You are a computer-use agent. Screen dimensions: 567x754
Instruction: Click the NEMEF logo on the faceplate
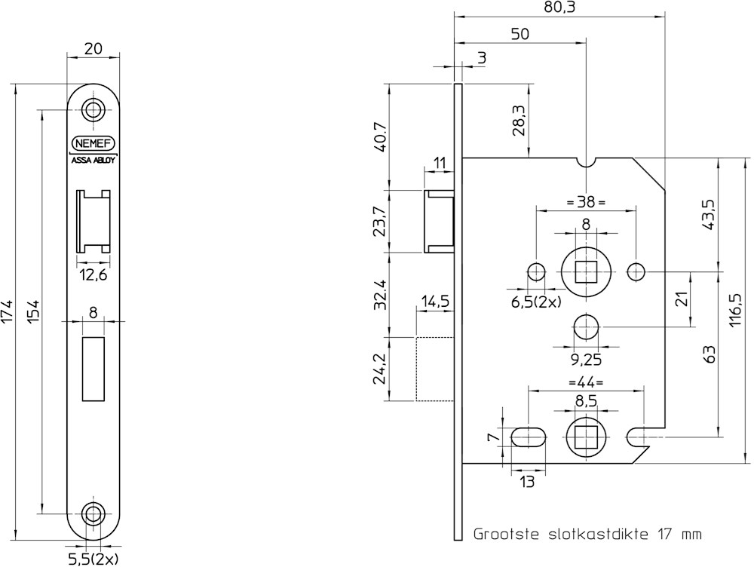(93, 143)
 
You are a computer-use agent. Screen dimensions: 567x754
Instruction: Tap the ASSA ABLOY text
(93, 159)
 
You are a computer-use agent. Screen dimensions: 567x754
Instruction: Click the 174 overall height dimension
(8, 311)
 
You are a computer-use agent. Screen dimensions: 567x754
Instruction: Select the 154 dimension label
(33, 311)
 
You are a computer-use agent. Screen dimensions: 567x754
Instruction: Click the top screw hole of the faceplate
(93, 109)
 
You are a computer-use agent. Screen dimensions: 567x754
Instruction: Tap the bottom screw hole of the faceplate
(93, 513)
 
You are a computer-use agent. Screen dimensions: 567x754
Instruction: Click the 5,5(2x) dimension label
(93, 559)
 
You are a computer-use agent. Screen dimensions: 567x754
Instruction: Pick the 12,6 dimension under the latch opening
(93, 275)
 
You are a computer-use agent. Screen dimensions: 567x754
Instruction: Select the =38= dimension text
(586, 201)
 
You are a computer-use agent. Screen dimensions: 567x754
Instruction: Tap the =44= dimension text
(586, 382)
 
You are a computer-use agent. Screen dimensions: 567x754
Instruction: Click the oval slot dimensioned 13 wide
(528, 437)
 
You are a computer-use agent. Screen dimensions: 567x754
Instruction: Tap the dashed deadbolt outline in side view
(434, 368)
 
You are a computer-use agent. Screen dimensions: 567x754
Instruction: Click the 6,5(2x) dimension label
(536, 302)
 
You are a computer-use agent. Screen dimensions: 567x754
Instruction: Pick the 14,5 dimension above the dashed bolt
(435, 302)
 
